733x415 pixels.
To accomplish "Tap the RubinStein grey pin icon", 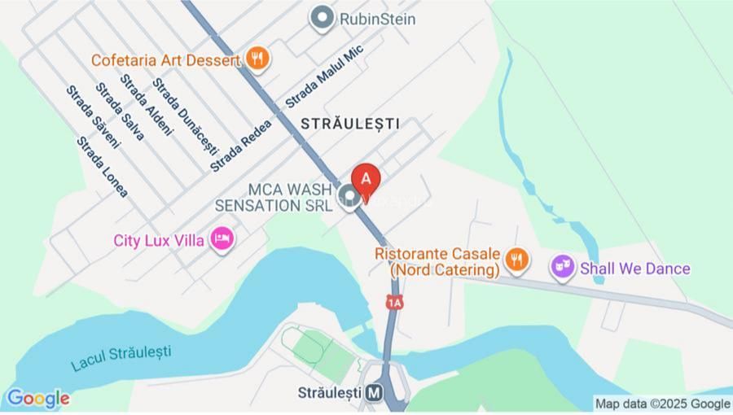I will pyautogui.click(x=323, y=18).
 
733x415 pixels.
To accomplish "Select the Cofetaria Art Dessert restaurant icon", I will pyautogui.click(x=258, y=59).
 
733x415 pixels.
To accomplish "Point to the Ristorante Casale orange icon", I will pyautogui.click(x=516, y=260).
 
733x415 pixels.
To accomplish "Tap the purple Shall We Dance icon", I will pyautogui.click(x=561, y=267).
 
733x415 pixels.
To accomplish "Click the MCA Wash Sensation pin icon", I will pyautogui.click(x=350, y=196).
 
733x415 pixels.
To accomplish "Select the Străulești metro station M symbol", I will pyautogui.click(x=375, y=392).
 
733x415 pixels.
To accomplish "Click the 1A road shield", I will pyautogui.click(x=395, y=303).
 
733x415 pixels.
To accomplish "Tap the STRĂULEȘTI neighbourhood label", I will pyautogui.click(x=350, y=124).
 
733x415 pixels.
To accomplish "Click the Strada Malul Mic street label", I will pyautogui.click(x=324, y=76).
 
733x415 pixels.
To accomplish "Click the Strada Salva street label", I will pyautogui.click(x=120, y=111).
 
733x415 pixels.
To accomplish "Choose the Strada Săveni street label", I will pyautogui.click(x=93, y=117).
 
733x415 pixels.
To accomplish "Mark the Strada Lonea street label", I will pyautogui.click(x=103, y=167).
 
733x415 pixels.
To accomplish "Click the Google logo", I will pyautogui.click(x=37, y=399).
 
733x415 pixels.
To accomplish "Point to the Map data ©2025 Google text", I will pyautogui.click(x=662, y=404).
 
